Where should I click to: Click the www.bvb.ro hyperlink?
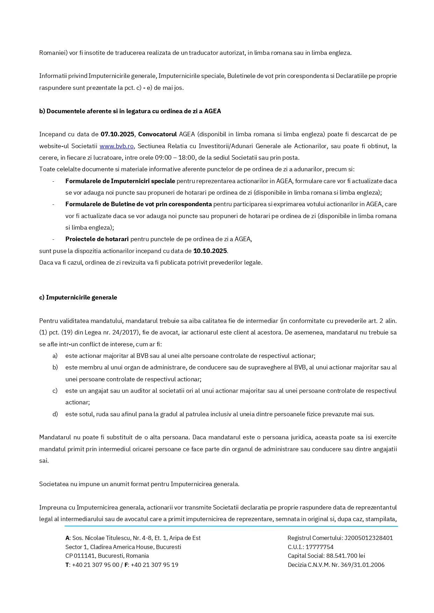(116, 146)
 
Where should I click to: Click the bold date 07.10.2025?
(117, 134)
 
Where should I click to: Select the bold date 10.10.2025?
(210, 251)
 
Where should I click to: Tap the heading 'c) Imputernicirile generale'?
(78, 297)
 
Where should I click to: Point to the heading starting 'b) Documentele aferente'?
(130, 111)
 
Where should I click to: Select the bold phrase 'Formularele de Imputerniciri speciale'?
(120, 181)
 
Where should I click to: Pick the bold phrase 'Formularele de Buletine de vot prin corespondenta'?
(138, 204)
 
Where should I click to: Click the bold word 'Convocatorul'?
(157, 134)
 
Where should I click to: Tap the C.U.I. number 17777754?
(319, 547)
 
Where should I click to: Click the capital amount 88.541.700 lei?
(346, 556)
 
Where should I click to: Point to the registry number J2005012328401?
(369, 538)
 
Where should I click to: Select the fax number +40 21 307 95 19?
(154, 565)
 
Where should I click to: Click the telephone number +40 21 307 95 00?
(95, 565)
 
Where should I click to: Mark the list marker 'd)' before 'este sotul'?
(55, 414)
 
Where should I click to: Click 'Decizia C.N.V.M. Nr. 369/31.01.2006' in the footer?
(336, 565)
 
